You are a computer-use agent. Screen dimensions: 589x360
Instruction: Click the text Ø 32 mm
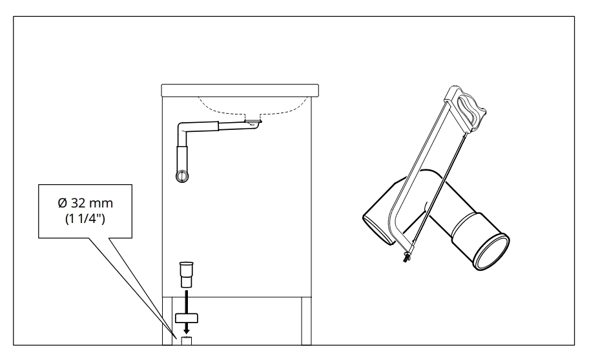coord(85,203)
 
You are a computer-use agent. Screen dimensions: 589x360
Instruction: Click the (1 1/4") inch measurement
coord(85,218)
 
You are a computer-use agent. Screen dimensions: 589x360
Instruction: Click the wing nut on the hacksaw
coord(406,257)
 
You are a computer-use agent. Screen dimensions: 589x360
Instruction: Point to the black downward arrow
coord(186,312)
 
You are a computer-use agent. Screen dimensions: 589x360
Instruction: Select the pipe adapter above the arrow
coord(186,275)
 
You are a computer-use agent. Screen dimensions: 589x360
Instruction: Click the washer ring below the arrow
coord(186,318)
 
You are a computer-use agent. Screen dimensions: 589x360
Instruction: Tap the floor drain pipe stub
coord(186,341)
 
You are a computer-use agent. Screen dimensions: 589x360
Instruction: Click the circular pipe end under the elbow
coord(182,176)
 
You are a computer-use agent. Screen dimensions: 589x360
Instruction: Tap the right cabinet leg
coord(307,321)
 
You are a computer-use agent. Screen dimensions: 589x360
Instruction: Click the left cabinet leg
coord(167,321)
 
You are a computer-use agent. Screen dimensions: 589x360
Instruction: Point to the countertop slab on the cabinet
coord(240,90)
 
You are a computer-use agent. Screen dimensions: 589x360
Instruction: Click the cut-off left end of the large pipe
coord(378,229)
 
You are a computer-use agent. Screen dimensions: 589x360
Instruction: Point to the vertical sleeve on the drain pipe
coord(182,160)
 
